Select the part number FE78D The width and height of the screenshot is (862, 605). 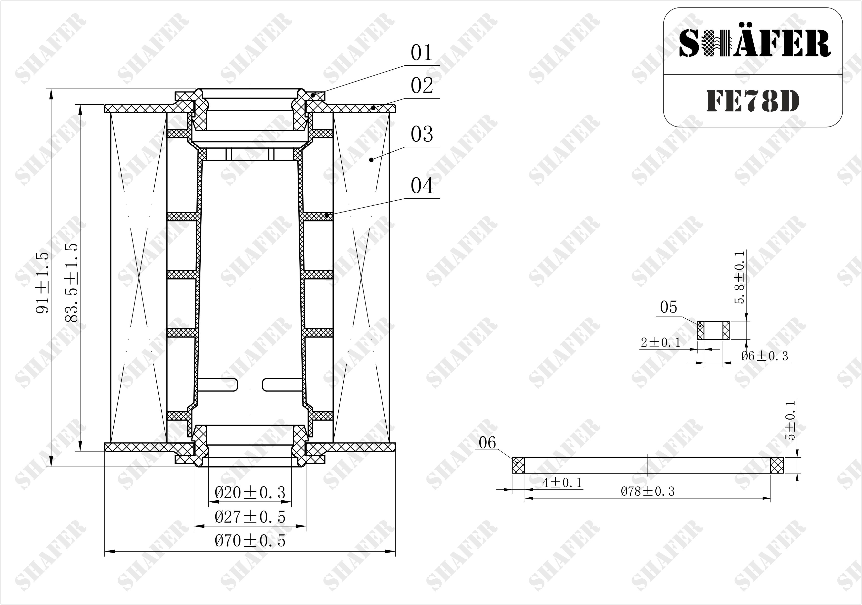(x=753, y=101)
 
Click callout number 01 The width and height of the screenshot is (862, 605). (x=422, y=53)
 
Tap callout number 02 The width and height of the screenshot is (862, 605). (x=422, y=86)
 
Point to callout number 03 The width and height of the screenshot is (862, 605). (x=422, y=134)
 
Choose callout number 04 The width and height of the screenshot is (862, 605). (x=422, y=186)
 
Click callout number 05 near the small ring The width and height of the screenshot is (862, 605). (x=668, y=307)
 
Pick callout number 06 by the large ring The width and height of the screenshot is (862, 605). (x=487, y=443)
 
